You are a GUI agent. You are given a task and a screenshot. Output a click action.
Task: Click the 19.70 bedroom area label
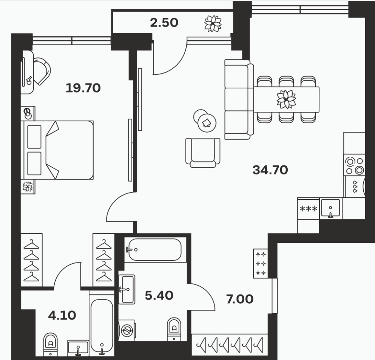tap(83, 88)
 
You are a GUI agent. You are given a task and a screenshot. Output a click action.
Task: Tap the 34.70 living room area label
tap(270, 170)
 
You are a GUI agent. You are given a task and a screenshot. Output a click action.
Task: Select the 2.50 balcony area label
tap(164, 23)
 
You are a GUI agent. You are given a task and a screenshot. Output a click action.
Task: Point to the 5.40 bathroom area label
tap(159, 295)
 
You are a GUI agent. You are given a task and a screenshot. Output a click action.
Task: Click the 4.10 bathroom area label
tap(62, 315)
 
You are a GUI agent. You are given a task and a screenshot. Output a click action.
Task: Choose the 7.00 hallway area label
tap(240, 299)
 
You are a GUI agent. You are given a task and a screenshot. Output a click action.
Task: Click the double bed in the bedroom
tap(57, 150)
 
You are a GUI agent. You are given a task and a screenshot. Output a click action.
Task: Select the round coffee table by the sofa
tap(207, 123)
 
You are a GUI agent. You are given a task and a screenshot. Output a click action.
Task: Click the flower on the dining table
tap(286, 99)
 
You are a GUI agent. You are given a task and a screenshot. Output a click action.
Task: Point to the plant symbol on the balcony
tap(213, 23)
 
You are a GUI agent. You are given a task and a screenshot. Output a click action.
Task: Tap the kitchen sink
tap(330, 208)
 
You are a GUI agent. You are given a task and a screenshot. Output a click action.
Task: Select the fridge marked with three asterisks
tap(309, 209)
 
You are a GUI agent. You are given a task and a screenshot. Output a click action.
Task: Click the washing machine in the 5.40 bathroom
tap(127, 330)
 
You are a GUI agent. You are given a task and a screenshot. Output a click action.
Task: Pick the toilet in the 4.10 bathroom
tap(51, 344)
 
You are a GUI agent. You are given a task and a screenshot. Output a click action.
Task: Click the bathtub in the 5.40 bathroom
tap(155, 249)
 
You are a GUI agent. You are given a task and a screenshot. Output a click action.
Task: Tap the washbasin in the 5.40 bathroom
tap(127, 289)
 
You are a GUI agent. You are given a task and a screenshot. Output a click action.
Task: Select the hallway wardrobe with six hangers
tap(230, 345)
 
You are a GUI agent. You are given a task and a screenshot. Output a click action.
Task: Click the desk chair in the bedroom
tap(42, 71)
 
